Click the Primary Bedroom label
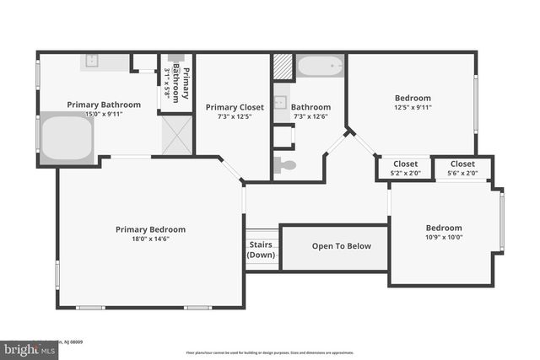point(150,229)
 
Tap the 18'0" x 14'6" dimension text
point(150,239)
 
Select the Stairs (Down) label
point(261,250)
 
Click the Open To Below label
point(335,246)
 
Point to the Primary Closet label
point(235,107)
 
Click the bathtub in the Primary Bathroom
point(66,137)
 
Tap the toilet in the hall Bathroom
point(285,164)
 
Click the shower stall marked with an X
point(176,134)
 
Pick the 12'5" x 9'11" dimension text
point(412,107)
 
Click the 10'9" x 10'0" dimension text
point(443,237)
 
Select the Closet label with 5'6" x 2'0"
point(462,164)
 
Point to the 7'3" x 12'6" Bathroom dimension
point(310,116)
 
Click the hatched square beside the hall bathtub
point(283,66)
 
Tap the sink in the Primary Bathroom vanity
point(93,62)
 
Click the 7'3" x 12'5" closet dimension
point(235,116)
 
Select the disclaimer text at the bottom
point(269,352)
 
